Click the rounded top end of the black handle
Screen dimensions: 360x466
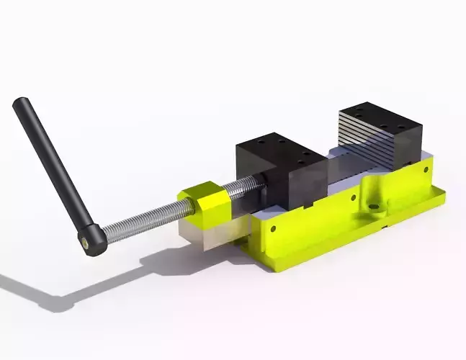[19, 105]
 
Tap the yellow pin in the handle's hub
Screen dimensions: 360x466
[87, 243]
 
